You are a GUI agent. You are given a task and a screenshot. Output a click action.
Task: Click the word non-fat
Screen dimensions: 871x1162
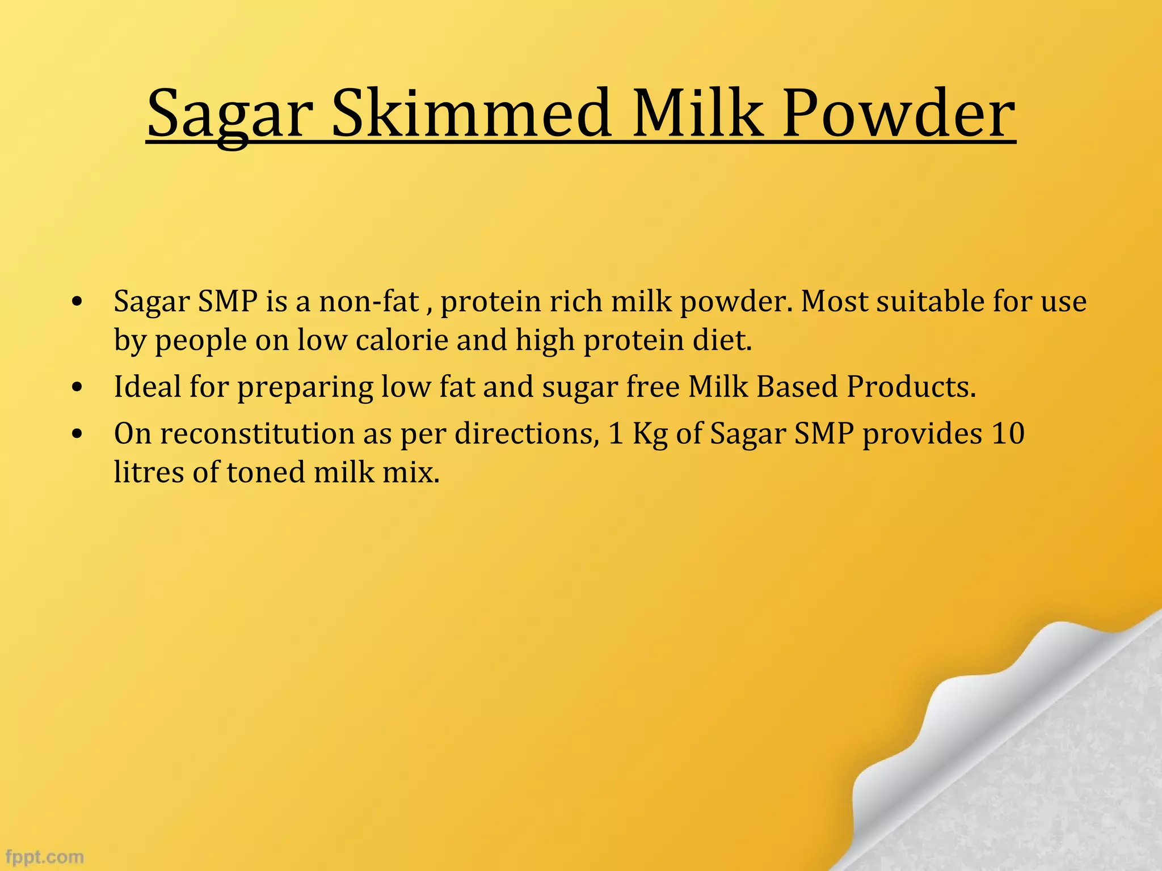pos(369,301)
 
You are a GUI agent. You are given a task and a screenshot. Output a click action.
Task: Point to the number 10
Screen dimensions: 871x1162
pos(1008,434)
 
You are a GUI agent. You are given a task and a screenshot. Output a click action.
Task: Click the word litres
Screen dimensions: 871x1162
pos(149,472)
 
